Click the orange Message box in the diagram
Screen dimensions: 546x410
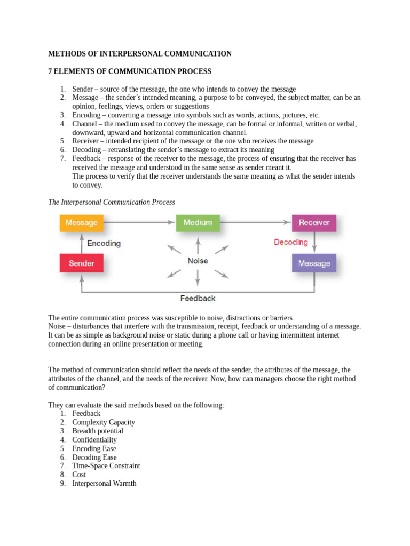pos(81,223)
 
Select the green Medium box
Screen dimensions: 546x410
pos(198,223)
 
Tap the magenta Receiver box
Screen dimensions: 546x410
pos(314,223)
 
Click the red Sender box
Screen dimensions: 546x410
pos(81,263)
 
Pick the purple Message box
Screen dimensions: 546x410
pos(314,263)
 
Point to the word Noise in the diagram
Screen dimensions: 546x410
pos(198,261)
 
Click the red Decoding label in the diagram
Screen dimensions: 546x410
pos(291,242)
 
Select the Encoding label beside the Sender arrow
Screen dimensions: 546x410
pos(104,243)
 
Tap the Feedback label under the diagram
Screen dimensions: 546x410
pos(198,298)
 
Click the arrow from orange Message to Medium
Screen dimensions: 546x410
pos(139,222)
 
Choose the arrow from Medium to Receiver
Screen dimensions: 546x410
pos(256,222)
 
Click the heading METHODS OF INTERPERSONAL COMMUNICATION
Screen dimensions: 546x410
pos(140,54)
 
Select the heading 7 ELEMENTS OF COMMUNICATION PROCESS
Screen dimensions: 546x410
pos(130,71)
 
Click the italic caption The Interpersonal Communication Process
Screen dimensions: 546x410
pos(112,203)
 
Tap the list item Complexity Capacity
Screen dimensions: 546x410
pos(104,422)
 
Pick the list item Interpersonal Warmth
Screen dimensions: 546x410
pos(104,484)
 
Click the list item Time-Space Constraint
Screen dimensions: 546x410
pos(106,466)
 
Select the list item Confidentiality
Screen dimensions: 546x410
pos(94,440)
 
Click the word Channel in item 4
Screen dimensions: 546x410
pos(84,124)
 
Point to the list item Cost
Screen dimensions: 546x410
pos(79,475)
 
